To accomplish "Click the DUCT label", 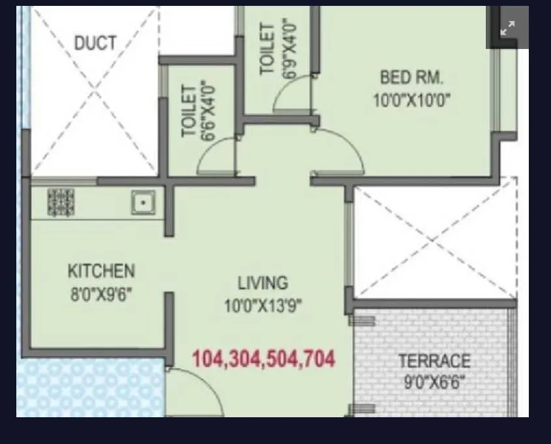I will pos(95,44).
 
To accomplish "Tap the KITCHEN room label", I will pos(101,271).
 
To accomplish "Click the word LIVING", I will pos(262,283).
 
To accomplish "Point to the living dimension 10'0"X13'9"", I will pos(263,306).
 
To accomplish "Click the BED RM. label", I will pos(411,78).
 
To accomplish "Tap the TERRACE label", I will pos(434,360).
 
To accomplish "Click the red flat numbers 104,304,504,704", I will pos(263,358).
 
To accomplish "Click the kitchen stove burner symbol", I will pos(61,202).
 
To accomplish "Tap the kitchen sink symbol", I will pos(143,202).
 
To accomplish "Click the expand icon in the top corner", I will pos(507,28).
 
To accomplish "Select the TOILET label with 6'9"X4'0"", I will pos(267,50).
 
